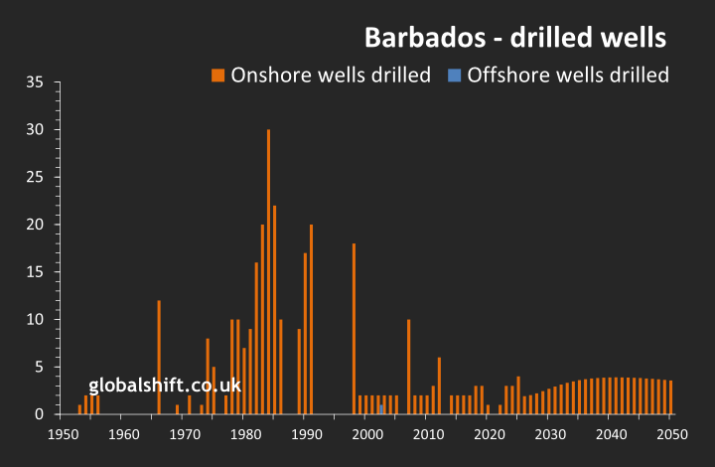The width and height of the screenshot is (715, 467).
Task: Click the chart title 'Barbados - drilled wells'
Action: [514, 38]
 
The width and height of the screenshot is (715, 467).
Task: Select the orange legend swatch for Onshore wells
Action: [217, 75]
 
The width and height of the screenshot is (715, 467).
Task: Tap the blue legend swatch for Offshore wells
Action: [454, 75]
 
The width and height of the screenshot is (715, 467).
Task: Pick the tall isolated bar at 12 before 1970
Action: [159, 357]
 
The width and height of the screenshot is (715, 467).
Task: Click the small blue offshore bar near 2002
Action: [381, 409]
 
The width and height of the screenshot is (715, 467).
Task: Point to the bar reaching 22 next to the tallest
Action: [274, 309]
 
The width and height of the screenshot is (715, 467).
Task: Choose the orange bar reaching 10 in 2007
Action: [408, 367]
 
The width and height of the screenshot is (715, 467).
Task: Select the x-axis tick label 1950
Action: [64, 434]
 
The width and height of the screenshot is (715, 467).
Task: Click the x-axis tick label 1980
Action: [246, 434]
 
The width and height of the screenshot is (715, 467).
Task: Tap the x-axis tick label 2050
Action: [671, 434]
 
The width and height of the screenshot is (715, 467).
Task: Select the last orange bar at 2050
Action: [670, 397]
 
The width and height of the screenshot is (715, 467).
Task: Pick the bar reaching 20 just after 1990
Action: [311, 319]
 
